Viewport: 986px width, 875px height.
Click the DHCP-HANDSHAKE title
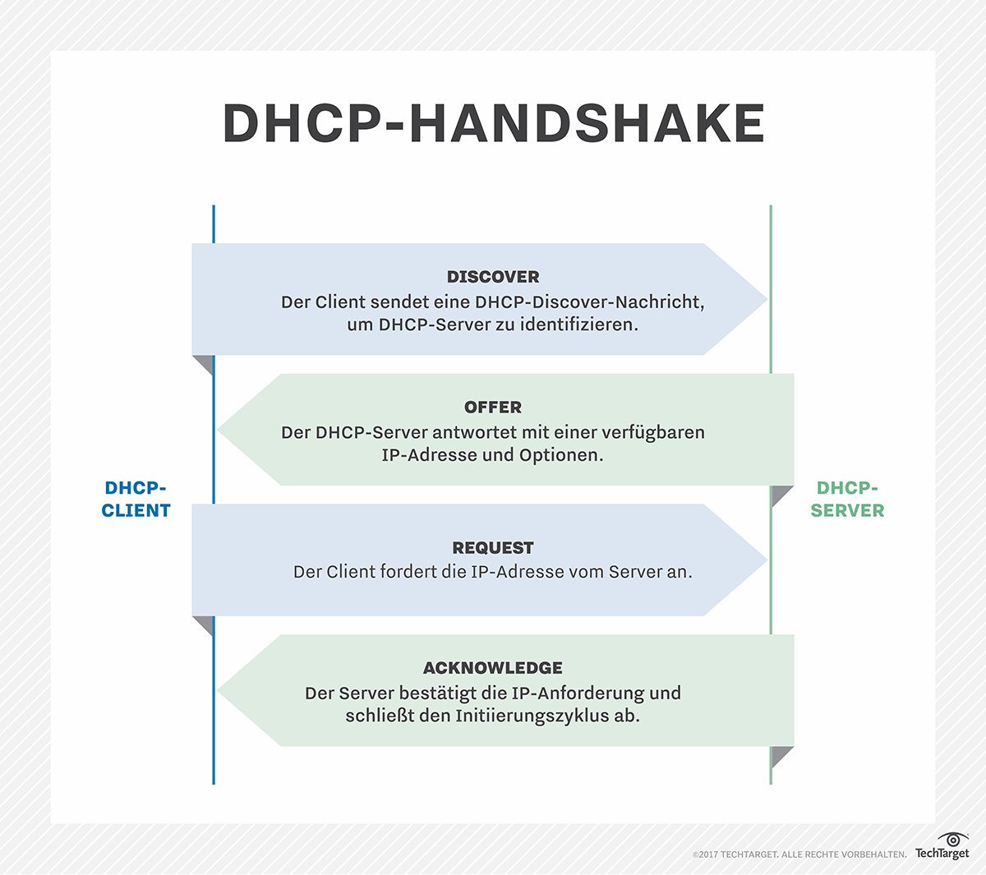pos(493,123)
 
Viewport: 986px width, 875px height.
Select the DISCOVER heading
pos(493,277)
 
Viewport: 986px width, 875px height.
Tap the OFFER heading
pos(493,408)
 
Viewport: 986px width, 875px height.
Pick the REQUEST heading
pos(493,548)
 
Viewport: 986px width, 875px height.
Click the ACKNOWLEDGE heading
pos(493,668)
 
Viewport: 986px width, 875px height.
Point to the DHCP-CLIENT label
pos(136,499)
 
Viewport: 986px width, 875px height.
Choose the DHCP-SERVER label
pos(847,499)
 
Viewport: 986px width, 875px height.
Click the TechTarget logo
pos(942,846)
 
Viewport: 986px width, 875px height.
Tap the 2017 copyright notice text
pos(799,854)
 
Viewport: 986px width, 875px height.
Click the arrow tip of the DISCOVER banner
pos(767,299)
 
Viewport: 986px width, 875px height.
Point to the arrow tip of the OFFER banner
pos(218,430)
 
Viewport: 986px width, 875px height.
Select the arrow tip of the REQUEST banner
pos(767,560)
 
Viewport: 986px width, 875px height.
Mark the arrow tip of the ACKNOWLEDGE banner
pos(218,691)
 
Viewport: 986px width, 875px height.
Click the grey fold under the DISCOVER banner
pos(204,365)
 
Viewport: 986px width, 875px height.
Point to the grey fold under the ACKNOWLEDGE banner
pos(782,756)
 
